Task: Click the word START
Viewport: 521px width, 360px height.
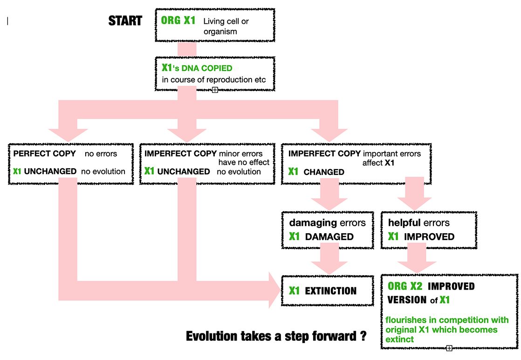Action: pyautogui.click(x=125, y=21)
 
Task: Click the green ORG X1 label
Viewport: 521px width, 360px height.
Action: pyautogui.click(x=178, y=20)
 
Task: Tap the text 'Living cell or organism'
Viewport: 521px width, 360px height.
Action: pyautogui.click(x=226, y=26)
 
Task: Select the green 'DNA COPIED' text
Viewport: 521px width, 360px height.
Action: pyautogui.click(x=206, y=68)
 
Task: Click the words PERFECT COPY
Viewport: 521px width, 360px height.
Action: pyautogui.click(x=45, y=153)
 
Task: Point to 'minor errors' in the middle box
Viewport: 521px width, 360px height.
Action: pyautogui.click(x=240, y=153)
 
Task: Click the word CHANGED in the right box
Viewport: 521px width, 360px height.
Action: pyautogui.click(x=324, y=172)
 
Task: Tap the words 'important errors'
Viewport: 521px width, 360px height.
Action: pyautogui.click(x=392, y=153)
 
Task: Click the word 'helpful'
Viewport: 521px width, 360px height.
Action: pyautogui.click(x=404, y=222)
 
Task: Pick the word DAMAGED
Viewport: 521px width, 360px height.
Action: pyautogui.click(x=329, y=237)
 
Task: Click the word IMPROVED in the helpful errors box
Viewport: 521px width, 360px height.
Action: pyautogui.click(x=429, y=237)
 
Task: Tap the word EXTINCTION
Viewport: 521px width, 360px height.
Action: pyautogui.click(x=330, y=291)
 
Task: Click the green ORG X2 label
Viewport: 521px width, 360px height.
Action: pyautogui.click(x=405, y=286)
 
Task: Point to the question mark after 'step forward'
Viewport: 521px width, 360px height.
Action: pyautogui.click(x=363, y=336)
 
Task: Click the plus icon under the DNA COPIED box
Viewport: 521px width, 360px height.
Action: pyautogui.click(x=215, y=90)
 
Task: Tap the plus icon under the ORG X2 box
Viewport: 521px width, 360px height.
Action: pyautogui.click(x=449, y=348)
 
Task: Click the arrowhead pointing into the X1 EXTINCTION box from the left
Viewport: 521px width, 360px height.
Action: pyautogui.click(x=274, y=290)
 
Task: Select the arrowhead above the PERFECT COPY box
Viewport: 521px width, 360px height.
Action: pyautogui.click(x=68, y=135)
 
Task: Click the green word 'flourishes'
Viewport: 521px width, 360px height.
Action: pyautogui.click(x=406, y=320)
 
